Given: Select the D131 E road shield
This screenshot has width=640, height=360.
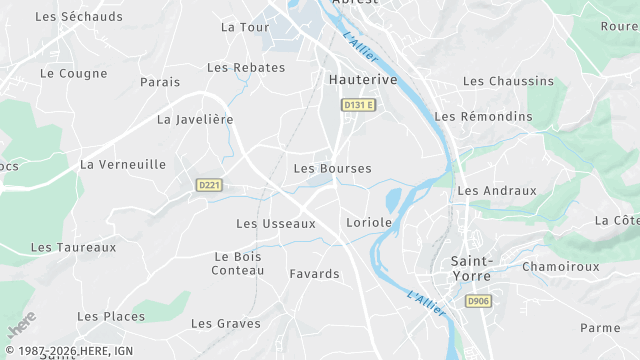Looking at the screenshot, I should click(357, 105).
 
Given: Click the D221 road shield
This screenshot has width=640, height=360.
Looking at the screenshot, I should click(209, 185).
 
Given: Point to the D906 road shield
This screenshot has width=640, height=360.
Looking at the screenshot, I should click(478, 301).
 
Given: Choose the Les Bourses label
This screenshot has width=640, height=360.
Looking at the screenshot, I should click(332, 169).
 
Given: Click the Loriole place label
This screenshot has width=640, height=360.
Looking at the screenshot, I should click(368, 222).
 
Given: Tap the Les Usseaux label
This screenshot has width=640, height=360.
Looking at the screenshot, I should click(276, 224).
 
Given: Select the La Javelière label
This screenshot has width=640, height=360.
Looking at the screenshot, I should click(195, 119).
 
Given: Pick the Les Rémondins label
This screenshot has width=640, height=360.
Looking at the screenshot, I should click(484, 117).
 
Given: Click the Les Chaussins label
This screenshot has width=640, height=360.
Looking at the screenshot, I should click(508, 81).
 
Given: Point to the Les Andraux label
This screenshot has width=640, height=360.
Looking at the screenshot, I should click(497, 190).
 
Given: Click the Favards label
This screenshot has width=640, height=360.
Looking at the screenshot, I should click(314, 274).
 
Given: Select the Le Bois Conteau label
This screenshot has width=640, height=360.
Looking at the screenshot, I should click(238, 263).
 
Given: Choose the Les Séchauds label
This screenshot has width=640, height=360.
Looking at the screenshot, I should click(79, 17).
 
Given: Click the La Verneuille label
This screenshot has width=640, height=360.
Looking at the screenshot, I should click(123, 164).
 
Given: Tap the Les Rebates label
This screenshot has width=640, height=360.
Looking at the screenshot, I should click(246, 68).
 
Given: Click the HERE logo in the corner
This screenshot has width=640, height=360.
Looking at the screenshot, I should click(21, 323).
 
